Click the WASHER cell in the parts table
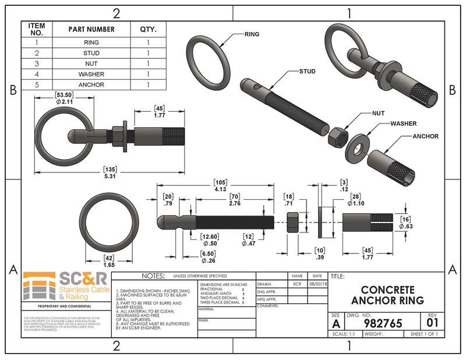91,74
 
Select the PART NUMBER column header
91,29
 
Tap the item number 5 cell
37,84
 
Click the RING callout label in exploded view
252,34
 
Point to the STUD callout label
307,72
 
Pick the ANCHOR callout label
425,136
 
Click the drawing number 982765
383,323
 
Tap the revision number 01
432,322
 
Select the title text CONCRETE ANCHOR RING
387,294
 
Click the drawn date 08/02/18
317,283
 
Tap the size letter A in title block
337,323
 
